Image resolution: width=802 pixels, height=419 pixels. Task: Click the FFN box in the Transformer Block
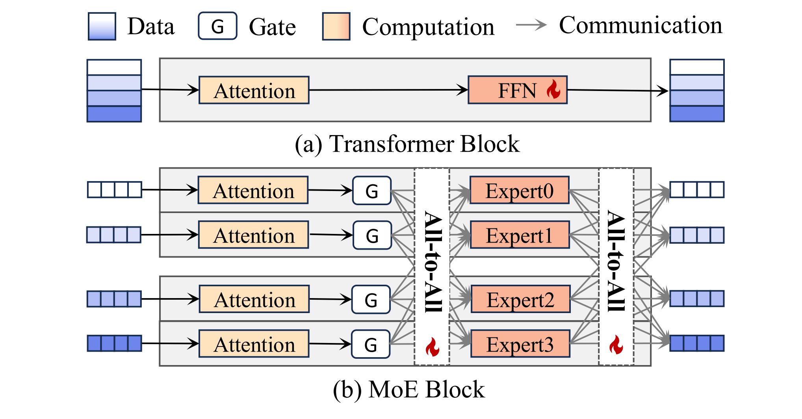pos(517,90)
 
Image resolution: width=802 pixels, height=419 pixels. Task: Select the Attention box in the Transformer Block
pos(254,90)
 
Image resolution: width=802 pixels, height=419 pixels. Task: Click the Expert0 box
pos(520,190)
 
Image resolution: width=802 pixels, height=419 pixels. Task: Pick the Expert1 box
pos(520,235)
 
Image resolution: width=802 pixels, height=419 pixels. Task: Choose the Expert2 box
pos(520,299)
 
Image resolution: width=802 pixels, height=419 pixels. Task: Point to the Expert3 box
pos(520,344)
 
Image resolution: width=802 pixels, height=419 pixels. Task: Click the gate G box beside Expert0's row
pos(372,191)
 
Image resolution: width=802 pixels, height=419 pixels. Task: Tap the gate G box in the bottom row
pos(371,344)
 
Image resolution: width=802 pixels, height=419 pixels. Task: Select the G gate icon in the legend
pos(217,26)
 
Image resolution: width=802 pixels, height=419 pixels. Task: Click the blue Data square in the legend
pos(102,26)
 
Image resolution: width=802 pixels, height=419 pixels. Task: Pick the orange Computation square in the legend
pos(336,26)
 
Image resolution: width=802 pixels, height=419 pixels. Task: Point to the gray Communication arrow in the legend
pos(531,25)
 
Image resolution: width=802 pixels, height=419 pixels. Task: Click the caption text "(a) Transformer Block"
pos(407,144)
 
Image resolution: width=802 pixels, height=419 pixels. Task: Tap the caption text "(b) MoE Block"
pos(408,389)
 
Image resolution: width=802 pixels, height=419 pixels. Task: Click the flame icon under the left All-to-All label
pos(432,347)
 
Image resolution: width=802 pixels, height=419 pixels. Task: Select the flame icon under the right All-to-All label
pos(616,345)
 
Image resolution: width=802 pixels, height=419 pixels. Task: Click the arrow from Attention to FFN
pos(388,90)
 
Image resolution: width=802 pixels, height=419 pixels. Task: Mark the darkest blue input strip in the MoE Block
pos(114,343)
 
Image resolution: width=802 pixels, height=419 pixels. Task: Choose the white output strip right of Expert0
pos(697,190)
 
